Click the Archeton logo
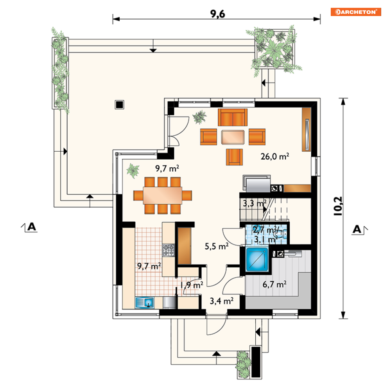(355, 12)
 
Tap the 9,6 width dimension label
(218, 14)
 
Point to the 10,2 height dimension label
(338, 206)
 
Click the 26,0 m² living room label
(274, 156)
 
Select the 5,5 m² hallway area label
(217, 246)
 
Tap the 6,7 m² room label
(274, 284)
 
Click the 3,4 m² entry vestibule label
(222, 301)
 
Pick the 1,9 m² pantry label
(192, 285)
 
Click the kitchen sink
(145, 303)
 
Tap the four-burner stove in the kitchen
(169, 250)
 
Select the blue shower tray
(257, 259)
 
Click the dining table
(163, 195)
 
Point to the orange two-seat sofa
(233, 117)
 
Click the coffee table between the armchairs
(233, 137)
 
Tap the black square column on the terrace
(119, 105)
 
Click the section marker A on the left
(30, 227)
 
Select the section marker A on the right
(359, 229)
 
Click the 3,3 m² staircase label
(254, 203)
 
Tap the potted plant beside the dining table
(133, 170)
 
